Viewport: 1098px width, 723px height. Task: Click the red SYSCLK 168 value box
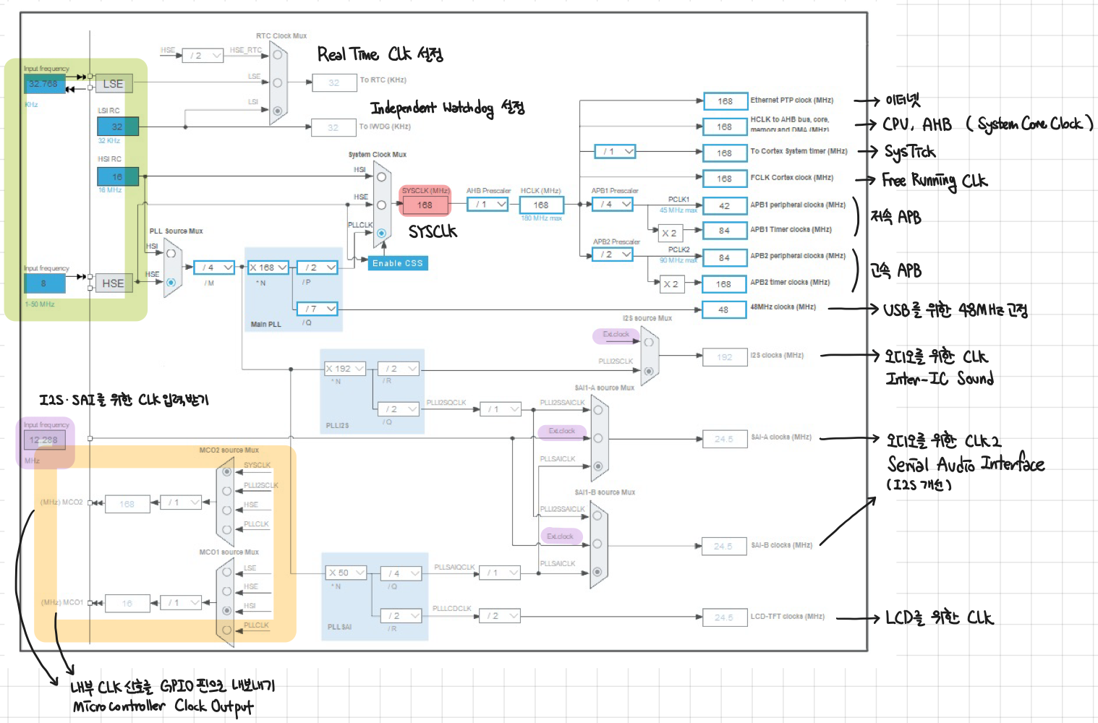[425, 205]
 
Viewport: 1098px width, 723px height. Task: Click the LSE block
[113, 84]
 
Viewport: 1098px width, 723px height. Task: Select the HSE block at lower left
[113, 283]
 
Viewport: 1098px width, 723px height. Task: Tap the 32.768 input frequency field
[43, 84]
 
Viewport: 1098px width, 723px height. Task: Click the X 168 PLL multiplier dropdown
[268, 268]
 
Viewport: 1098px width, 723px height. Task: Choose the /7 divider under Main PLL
[318, 309]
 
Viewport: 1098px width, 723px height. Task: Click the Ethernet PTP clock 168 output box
[725, 101]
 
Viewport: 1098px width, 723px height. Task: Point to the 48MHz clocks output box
[724, 309]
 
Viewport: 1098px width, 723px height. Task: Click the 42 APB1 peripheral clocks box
[724, 206]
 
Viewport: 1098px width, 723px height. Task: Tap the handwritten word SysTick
[909, 152]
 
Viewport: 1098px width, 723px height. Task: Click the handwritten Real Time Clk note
[380, 54]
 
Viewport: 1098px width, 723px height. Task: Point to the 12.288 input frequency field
[44, 440]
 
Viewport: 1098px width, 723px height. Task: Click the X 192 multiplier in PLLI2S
[344, 369]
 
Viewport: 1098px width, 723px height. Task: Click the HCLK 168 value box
[541, 205]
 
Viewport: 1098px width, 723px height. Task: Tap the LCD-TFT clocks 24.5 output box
[724, 617]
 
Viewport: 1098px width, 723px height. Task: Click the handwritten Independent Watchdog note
[447, 108]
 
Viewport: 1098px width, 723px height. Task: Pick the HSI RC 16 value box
[118, 176]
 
